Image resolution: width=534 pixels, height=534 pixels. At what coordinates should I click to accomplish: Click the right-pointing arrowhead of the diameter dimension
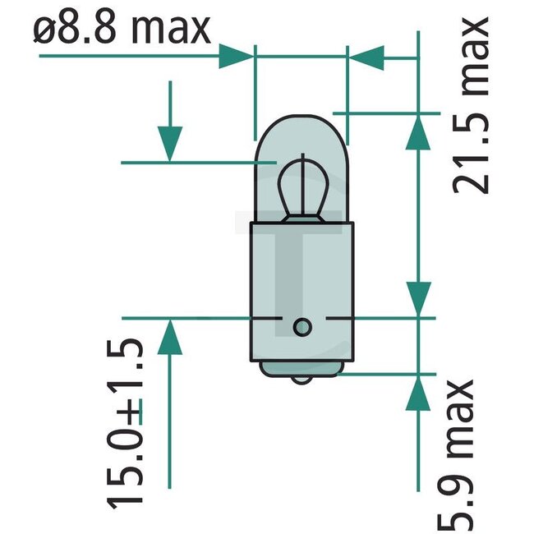tap(237, 58)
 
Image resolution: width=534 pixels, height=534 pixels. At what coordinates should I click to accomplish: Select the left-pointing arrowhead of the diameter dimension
tap(366, 58)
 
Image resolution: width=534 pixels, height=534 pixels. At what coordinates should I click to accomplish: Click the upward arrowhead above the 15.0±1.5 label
tap(169, 337)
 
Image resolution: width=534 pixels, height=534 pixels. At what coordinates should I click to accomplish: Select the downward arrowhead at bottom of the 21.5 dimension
tap(419, 297)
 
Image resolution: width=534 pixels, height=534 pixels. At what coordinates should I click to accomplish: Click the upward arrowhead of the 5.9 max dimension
tap(419, 392)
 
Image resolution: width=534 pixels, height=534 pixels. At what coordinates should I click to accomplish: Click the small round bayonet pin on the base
tap(302, 327)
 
